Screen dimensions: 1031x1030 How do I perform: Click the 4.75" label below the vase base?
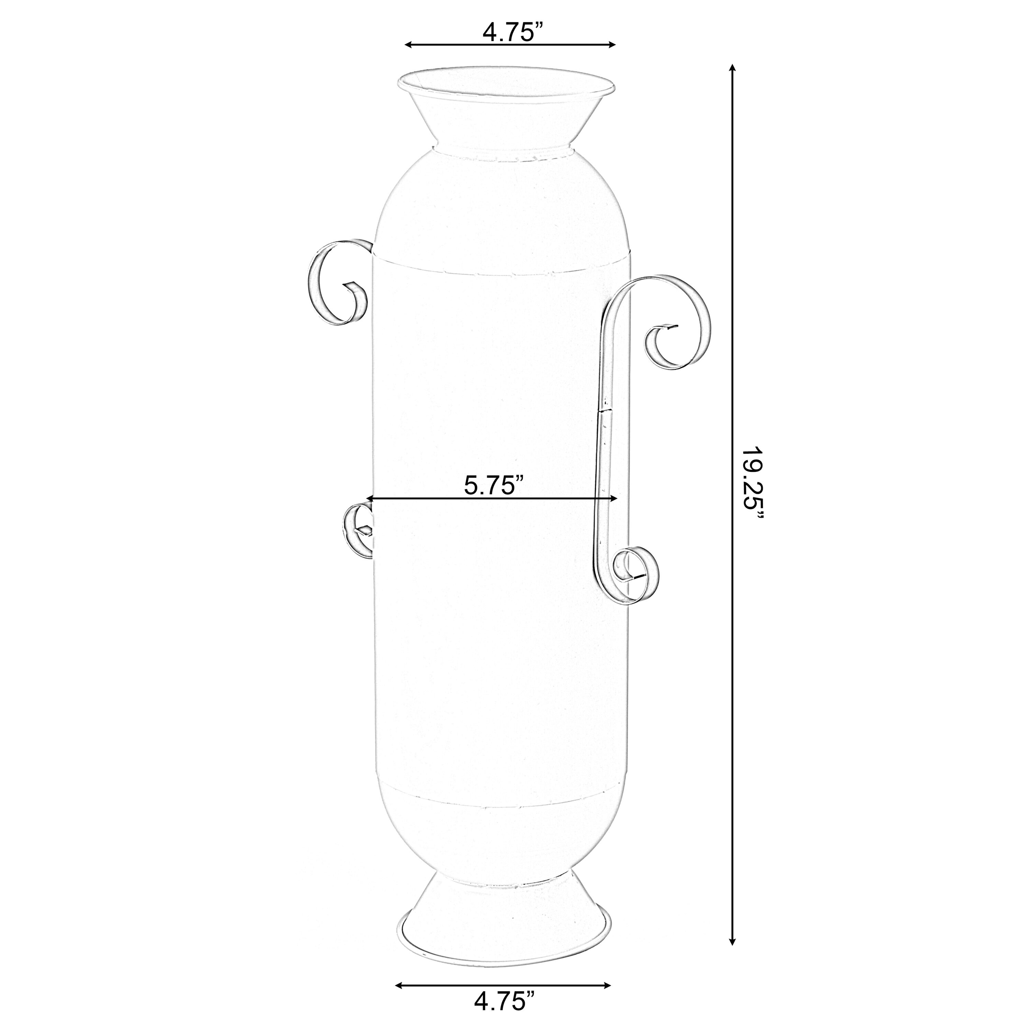tap(504, 1000)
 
